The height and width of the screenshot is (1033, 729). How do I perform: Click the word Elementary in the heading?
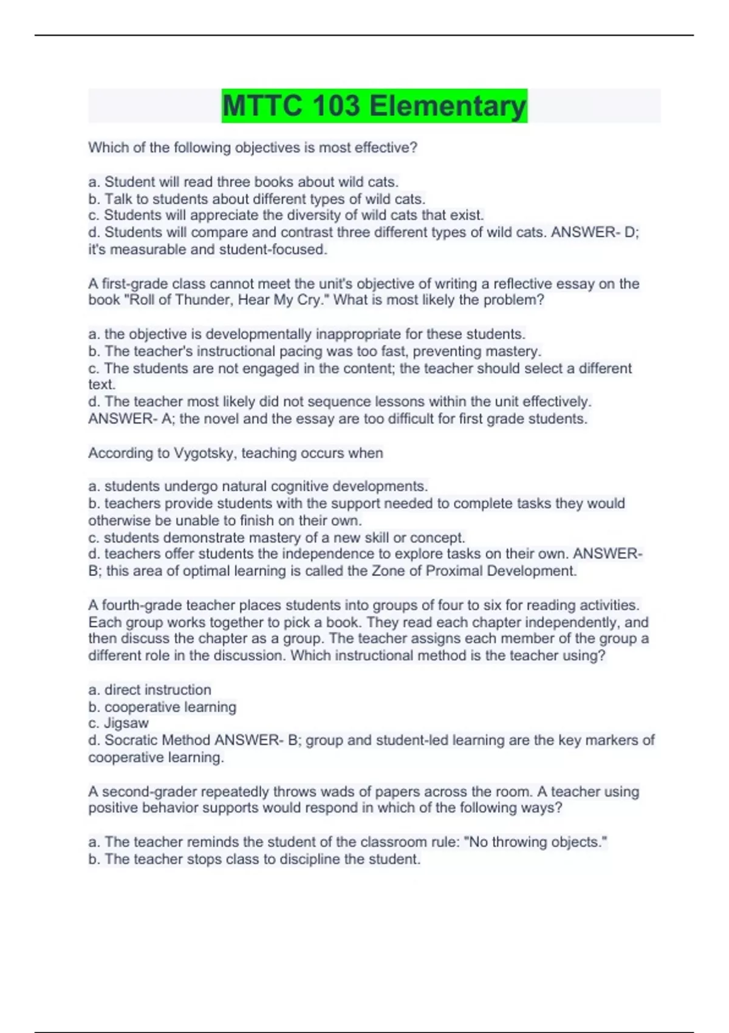pyautogui.click(x=448, y=106)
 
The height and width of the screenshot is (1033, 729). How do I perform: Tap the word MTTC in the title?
pyautogui.click(x=262, y=106)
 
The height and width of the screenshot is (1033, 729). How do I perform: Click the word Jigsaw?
pyautogui.click(x=126, y=723)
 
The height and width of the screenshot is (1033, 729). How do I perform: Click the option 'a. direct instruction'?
pyautogui.click(x=149, y=690)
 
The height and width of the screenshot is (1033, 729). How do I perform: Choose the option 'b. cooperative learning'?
pyautogui.click(x=162, y=707)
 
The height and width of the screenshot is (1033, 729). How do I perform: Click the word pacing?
pyautogui.click(x=283, y=351)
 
